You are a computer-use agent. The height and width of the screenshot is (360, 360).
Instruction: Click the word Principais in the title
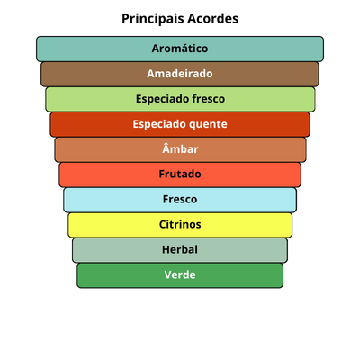(x=153, y=19)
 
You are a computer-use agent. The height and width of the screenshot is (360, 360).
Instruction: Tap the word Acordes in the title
(x=213, y=18)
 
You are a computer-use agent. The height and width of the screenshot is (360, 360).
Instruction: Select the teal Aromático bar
(x=180, y=49)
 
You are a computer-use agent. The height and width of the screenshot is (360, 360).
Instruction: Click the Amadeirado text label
(x=180, y=74)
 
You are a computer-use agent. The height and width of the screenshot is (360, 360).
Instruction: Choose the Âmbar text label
(x=180, y=148)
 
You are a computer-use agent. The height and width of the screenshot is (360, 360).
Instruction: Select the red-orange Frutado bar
(x=180, y=175)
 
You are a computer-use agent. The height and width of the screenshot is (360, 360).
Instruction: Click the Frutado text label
(x=180, y=174)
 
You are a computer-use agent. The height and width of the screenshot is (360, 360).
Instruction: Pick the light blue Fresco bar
(x=180, y=200)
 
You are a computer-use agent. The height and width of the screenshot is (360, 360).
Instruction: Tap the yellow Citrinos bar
(x=180, y=225)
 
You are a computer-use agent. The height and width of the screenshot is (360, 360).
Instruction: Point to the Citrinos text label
(x=180, y=224)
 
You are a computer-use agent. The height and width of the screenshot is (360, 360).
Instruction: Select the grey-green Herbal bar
(x=180, y=250)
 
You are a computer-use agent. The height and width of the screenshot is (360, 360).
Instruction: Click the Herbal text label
(x=180, y=249)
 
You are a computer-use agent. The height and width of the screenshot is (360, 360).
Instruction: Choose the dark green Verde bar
(x=180, y=275)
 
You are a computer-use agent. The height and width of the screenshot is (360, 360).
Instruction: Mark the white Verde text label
(x=180, y=274)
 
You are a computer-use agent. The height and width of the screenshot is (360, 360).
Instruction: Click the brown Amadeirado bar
(x=180, y=74)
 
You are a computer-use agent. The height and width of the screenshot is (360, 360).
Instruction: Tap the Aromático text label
(x=180, y=49)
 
